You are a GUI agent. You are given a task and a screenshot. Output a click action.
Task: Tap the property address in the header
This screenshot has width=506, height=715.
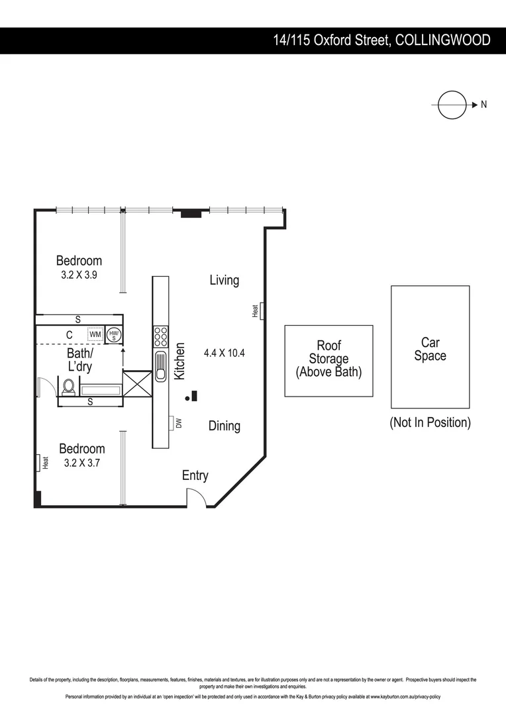(x=382, y=40)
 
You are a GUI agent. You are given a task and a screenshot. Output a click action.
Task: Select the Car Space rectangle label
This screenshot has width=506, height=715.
(x=430, y=349)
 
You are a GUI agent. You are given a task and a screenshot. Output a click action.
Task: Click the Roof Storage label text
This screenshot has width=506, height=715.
(x=329, y=359)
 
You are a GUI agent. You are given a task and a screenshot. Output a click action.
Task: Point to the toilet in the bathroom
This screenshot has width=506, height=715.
(x=68, y=387)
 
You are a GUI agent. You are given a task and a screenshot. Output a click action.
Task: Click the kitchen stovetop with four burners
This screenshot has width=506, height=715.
(x=161, y=337)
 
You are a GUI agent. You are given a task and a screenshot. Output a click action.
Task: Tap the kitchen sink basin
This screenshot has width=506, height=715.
(x=161, y=366)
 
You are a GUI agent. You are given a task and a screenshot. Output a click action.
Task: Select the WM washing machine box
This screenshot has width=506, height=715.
(x=95, y=335)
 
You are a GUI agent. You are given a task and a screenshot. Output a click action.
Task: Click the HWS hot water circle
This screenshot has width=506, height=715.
(x=114, y=335)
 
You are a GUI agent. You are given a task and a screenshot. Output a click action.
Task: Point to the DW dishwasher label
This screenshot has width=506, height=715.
(x=178, y=422)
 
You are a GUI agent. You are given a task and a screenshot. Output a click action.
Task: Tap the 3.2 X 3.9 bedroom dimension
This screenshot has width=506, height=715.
(x=79, y=275)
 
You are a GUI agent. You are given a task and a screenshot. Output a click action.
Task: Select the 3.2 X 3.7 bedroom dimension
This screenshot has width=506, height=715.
(x=81, y=463)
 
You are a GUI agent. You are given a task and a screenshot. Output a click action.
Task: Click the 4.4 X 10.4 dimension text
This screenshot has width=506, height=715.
(x=224, y=353)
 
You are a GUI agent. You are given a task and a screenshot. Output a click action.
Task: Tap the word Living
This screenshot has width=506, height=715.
(x=224, y=280)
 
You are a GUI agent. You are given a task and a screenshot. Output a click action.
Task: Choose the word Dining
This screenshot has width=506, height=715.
(x=224, y=426)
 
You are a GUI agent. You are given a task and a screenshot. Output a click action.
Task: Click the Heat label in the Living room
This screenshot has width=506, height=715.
(x=255, y=310)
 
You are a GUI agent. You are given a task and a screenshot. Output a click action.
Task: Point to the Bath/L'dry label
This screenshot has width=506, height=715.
(x=79, y=359)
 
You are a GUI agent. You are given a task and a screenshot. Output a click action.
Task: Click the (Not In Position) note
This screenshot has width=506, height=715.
(x=430, y=422)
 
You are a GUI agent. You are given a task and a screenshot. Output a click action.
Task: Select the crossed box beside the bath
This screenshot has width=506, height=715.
(x=138, y=383)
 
